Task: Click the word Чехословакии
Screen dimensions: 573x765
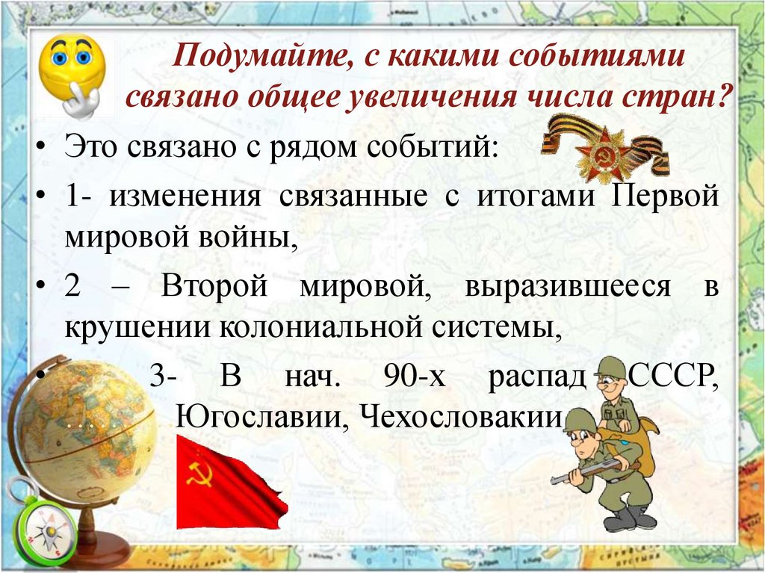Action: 461,416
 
